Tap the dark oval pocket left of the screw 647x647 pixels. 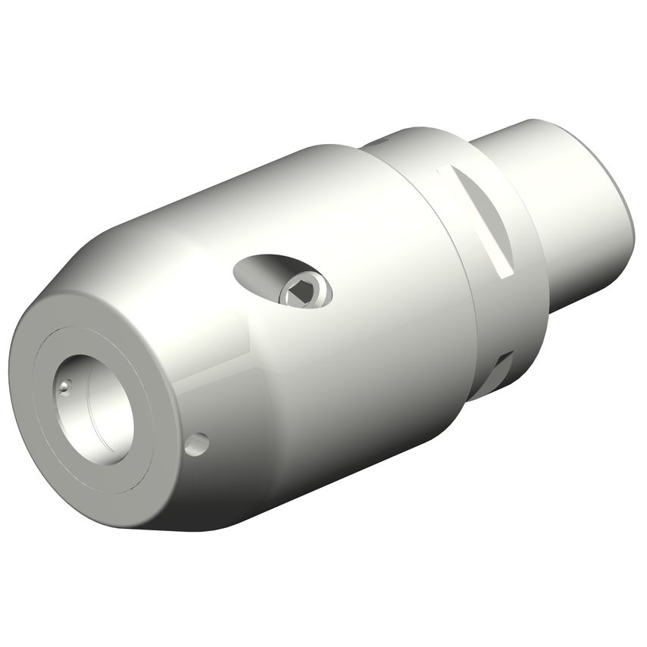258,271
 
